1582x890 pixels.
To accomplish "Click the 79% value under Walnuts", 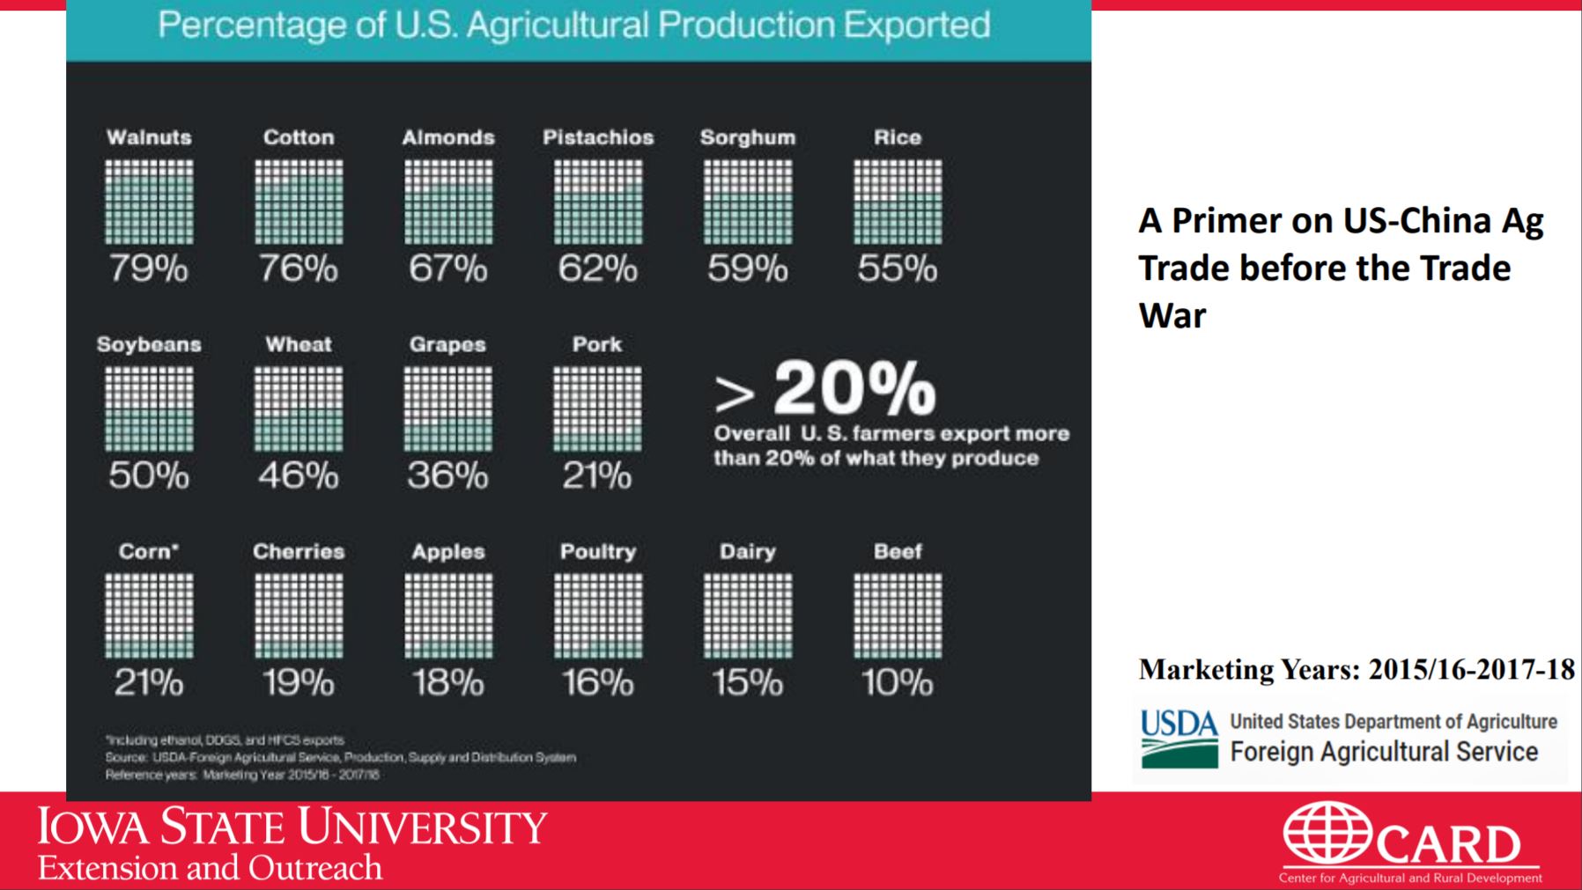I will tap(149, 268).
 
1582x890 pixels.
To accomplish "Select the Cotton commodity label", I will tap(299, 137).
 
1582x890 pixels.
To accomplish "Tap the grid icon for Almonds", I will tap(448, 202).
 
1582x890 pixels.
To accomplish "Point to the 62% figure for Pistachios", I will tap(598, 268).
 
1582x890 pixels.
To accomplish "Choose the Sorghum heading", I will tap(748, 137).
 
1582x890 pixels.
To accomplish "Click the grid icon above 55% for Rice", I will tap(898, 202).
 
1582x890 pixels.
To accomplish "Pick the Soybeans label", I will tap(149, 344).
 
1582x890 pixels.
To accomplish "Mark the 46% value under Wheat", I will tap(299, 475).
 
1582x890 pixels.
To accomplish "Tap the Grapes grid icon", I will tap(448, 408).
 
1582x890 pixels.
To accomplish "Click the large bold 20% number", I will tap(854, 389).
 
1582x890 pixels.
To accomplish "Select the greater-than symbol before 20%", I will tap(735, 396).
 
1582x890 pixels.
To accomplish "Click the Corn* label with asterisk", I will tap(149, 551).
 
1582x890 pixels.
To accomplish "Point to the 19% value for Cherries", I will tap(299, 682).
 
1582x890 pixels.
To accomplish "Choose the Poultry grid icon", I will tap(598, 615).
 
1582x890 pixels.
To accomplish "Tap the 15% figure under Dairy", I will tap(748, 682).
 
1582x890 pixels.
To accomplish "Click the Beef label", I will tap(898, 551).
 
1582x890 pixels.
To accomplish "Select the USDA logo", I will tap(1179, 738).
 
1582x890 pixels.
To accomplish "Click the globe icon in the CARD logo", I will tap(1327, 832).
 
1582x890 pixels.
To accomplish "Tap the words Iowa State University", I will tap(292, 827).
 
